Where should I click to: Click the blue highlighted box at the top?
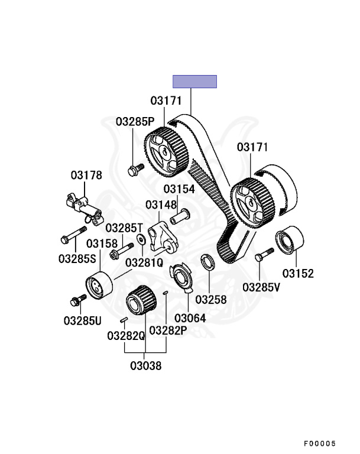click(194, 82)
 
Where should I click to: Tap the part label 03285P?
click(135, 122)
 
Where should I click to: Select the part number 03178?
click(86, 175)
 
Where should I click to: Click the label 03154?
click(179, 189)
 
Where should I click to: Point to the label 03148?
click(161, 205)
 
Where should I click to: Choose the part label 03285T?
click(125, 228)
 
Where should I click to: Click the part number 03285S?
click(77, 258)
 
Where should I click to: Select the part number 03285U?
click(83, 320)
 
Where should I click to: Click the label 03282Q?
click(126, 336)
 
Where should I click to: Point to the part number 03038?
click(146, 365)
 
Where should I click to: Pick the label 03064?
click(190, 318)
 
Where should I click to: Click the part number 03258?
click(211, 299)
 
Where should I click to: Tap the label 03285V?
click(262, 288)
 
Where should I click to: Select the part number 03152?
click(298, 273)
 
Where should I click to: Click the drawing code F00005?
click(320, 443)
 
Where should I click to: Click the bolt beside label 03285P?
click(133, 170)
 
